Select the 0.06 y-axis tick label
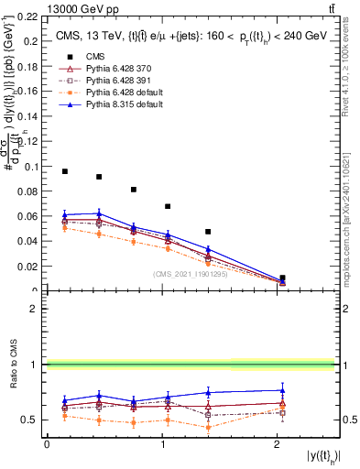tap(30, 217)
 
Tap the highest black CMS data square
tap(65, 171)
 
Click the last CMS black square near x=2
tap(282, 278)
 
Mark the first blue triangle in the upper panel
tap(65, 214)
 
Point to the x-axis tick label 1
tap(162, 444)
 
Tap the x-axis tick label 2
tap(278, 444)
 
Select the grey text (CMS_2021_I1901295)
tap(193, 274)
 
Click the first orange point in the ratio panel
tap(65, 415)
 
